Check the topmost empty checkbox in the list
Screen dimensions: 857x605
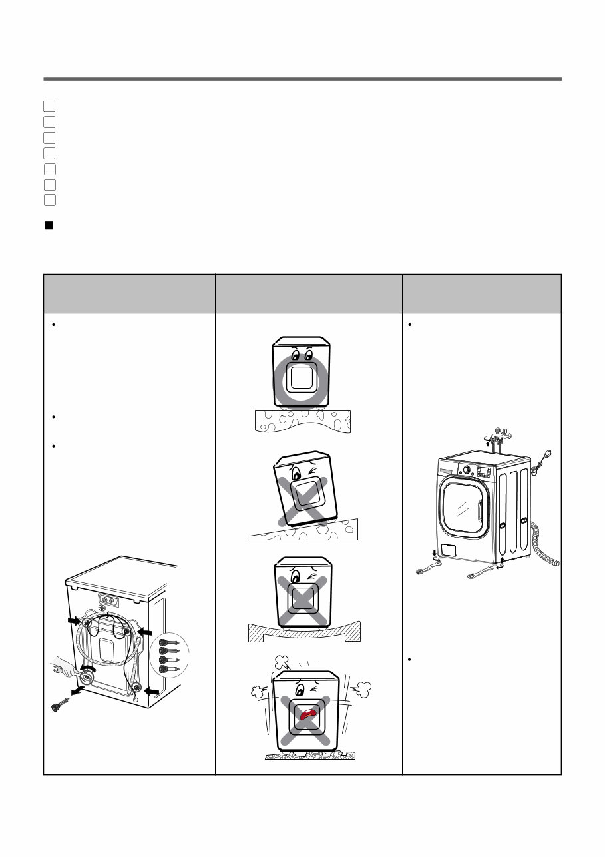point(49,106)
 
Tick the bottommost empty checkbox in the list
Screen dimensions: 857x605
point(49,199)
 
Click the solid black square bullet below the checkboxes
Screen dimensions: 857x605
point(49,225)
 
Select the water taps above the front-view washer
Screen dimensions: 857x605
point(499,434)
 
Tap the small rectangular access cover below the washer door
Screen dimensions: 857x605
point(451,550)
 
